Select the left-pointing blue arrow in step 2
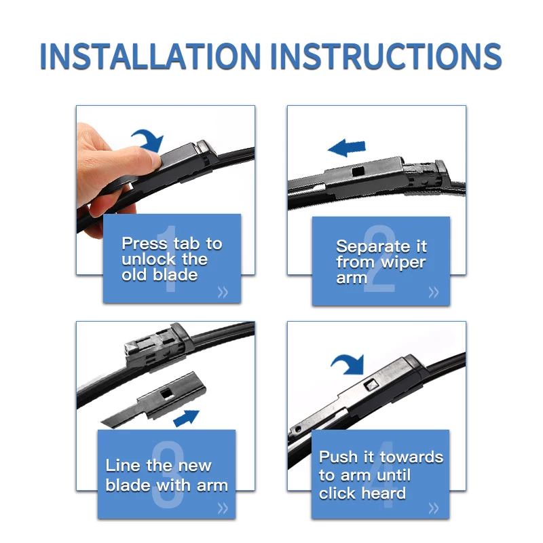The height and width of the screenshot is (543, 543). pyautogui.click(x=346, y=147)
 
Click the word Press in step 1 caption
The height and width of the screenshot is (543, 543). pyautogui.click(x=145, y=244)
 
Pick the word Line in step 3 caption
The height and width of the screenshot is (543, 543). pyautogui.click(x=121, y=466)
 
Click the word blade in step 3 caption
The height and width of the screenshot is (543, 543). pyautogui.click(x=128, y=485)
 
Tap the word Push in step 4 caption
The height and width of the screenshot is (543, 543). pyautogui.click(x=337, y=457)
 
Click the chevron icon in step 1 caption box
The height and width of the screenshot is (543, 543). pyautogui.click(x=223, y=293)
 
